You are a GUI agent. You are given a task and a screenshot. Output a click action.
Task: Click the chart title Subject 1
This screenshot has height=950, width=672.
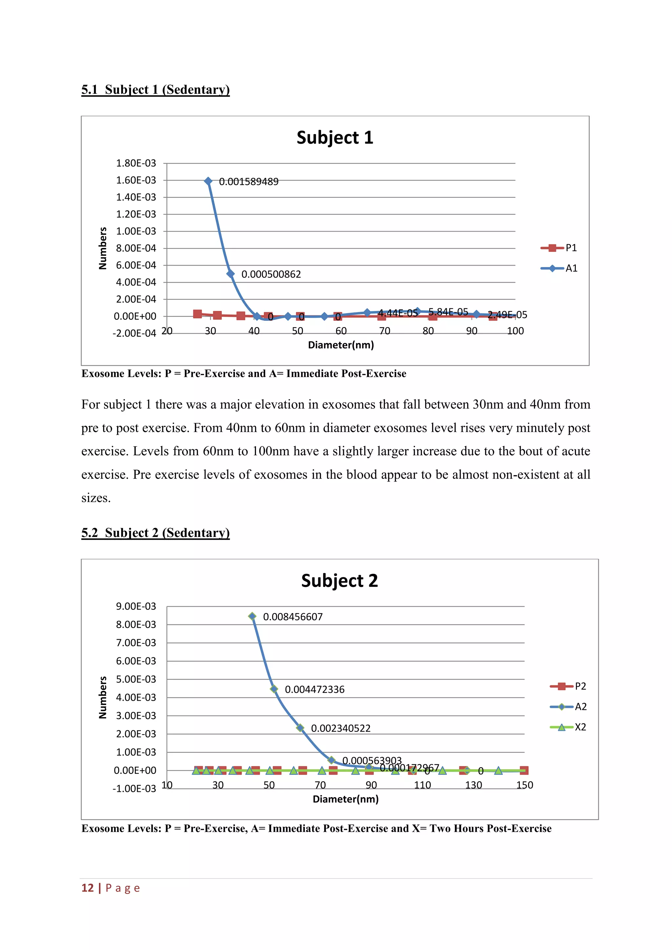335,138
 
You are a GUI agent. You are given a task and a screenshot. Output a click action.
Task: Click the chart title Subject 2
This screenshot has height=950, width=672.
339,581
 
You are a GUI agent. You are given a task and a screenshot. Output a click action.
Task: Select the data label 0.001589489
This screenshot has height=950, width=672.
248,182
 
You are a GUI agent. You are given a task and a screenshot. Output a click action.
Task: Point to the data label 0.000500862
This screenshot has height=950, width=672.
271,274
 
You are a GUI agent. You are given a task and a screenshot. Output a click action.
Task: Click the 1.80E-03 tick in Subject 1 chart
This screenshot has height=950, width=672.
136,163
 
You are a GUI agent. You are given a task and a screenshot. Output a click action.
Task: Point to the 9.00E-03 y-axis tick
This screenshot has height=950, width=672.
136,606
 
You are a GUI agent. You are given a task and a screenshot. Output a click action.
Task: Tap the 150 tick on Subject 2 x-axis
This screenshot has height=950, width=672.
524,785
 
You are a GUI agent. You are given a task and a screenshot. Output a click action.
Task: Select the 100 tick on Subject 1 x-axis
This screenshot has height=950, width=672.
515,331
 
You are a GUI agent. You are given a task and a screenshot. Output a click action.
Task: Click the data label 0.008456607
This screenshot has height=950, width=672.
293,617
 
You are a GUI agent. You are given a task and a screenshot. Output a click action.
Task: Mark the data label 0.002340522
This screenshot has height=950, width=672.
341,728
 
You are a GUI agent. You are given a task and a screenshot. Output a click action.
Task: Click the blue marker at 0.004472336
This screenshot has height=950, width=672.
274,689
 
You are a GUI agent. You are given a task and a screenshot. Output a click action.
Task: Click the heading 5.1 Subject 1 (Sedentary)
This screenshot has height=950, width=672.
155,89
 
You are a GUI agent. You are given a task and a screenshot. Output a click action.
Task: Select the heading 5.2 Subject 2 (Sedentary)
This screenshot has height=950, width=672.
155,532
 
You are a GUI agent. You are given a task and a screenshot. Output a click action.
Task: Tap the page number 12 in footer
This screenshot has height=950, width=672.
87,888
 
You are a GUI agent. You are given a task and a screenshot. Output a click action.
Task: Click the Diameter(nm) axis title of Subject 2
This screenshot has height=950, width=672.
346,799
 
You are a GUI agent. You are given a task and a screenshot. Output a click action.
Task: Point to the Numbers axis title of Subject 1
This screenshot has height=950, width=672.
103,248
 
